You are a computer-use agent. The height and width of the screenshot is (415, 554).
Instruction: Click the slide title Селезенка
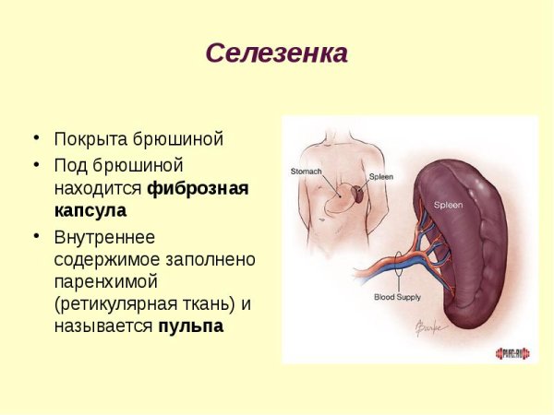(276, 53)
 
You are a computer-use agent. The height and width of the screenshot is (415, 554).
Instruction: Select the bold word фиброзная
(199, 189)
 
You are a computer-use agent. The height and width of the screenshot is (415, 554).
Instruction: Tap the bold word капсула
(90, 211)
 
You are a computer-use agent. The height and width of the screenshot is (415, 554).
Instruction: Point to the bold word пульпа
(190, 326)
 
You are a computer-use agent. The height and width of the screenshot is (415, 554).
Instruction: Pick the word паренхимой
(107, 280)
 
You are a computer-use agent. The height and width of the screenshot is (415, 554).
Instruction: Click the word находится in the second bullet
(97, 189)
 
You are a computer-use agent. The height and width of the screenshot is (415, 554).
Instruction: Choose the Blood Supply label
(396, 297)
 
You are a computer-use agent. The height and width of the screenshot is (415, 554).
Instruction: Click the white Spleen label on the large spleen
(450, 205)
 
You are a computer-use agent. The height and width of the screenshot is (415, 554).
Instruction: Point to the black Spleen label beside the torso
(380, 176)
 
